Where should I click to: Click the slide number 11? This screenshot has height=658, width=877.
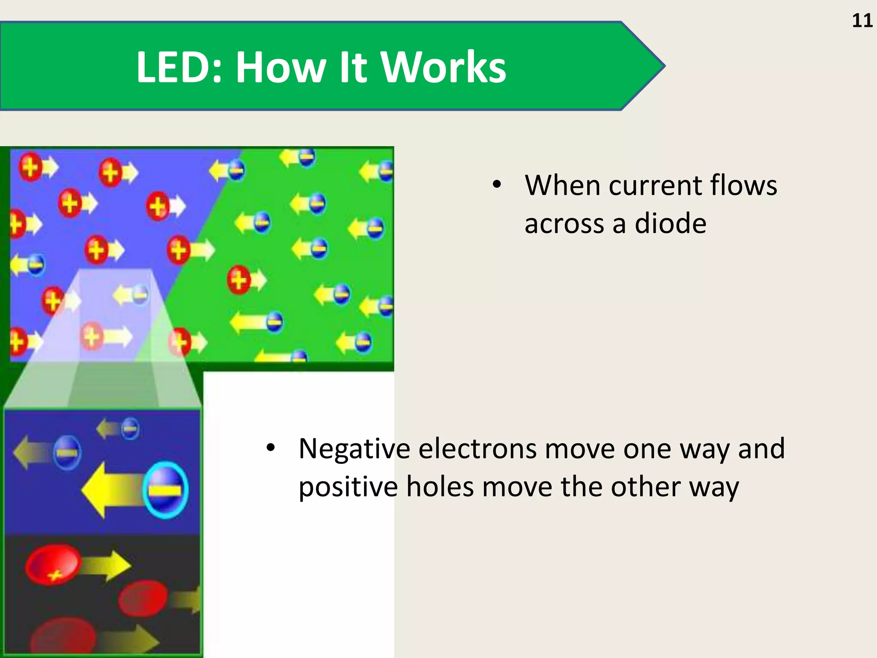click(862, 21)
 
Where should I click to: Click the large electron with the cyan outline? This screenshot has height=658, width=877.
click(166, 490)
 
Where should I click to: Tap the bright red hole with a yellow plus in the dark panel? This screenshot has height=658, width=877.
click(53, 565)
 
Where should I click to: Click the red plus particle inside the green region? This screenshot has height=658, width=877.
click(239, 280)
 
